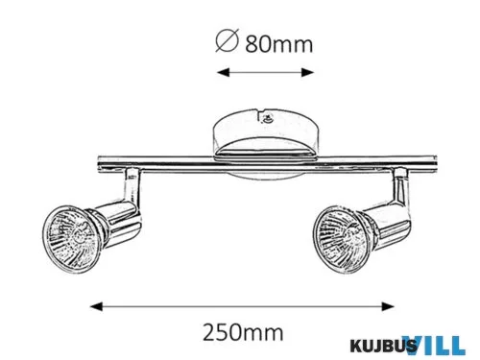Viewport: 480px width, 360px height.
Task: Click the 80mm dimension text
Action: coord(278,44)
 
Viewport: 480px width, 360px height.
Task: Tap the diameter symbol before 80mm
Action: coord(228,40)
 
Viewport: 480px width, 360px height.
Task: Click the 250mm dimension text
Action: coord(243,332)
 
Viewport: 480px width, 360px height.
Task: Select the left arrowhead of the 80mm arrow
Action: coord(224,72)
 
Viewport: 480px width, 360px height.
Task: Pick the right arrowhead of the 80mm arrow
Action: coord(307,72)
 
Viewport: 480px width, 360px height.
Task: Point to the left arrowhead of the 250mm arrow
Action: coord(96,306)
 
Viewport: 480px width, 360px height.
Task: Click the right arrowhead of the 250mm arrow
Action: coord(388,306)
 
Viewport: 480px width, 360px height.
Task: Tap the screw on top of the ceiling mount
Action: coord(266,119)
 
